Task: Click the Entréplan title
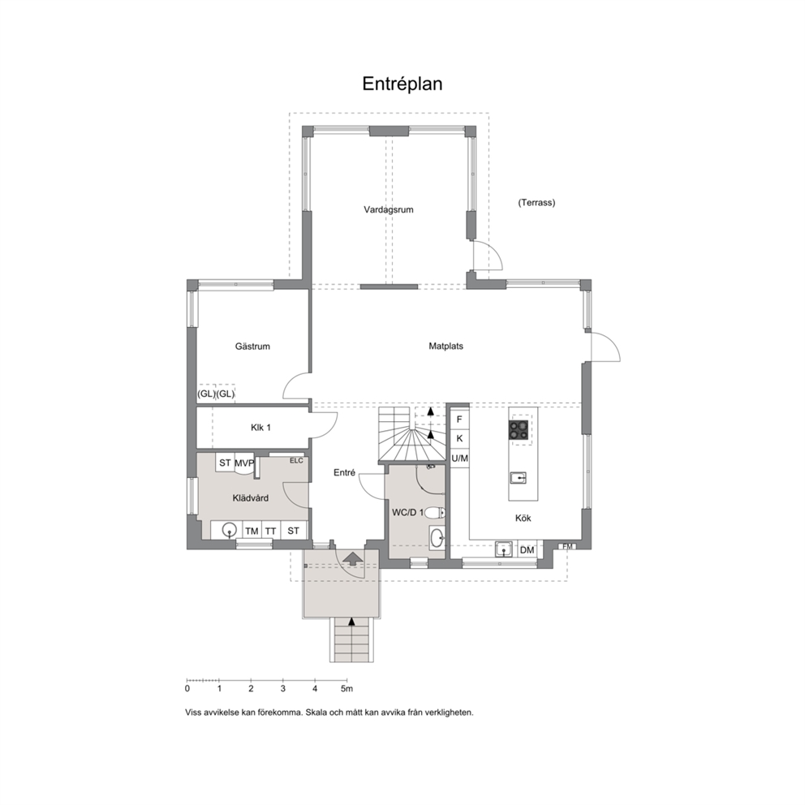(402, 84)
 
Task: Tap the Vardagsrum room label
(389, 209)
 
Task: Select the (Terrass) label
(536, 202)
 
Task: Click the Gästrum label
(252, 346)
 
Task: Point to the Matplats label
(446, 346)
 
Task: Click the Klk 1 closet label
(260, 427)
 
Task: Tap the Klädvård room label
(251, 498)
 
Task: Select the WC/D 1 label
(408, 512)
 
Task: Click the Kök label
(523, 518)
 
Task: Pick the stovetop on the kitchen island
(519, 430)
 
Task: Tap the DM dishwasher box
(527, 550)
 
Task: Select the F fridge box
(459, 420)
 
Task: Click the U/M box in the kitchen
(459, 458)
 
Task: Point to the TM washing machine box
(252, 531)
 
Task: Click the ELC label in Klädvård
(296, 460)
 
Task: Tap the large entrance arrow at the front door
(352, 558)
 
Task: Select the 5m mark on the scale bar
(347, 688)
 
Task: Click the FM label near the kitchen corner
(567, 546)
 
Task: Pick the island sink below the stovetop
(518, 478)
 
